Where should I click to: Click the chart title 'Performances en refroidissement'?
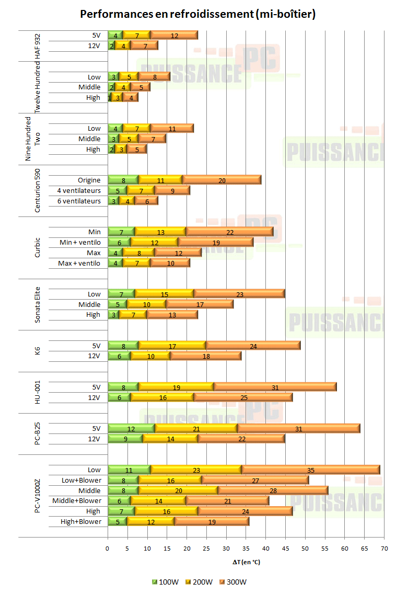tap(197, 14)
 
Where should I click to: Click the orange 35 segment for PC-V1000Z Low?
tap(311, 470)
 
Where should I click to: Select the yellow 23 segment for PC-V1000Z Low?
tap(196, 470)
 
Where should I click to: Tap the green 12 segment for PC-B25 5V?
tap(131, 429)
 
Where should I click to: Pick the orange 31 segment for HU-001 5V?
tap(275, 387)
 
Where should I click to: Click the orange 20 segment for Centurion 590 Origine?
tap(222, 180)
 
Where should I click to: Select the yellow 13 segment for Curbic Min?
tap(160, 232)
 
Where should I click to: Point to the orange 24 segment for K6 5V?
tap(253, 346)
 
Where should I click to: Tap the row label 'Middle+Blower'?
tap(76, 501)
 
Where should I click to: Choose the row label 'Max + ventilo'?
tap(79, 264)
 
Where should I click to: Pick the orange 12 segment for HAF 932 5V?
tap(174, 36)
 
